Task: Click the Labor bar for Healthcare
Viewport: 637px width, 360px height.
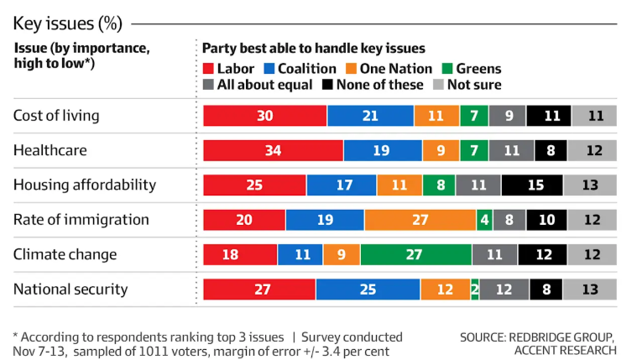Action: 273,150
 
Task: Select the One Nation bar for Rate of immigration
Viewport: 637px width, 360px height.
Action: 420,220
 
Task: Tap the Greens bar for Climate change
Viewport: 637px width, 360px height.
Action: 415,254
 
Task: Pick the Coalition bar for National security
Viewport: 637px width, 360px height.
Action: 368,290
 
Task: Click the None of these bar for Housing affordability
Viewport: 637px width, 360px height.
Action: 532,185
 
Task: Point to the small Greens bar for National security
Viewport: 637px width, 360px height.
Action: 475,290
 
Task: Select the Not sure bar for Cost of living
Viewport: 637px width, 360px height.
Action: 595,116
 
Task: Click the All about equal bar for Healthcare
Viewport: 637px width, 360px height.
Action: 511,150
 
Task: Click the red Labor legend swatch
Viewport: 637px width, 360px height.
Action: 210,69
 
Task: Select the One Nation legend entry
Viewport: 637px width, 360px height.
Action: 394,69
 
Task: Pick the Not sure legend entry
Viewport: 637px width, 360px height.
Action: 467,85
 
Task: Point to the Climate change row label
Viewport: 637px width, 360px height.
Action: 65,254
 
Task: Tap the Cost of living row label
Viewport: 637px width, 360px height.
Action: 56,116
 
